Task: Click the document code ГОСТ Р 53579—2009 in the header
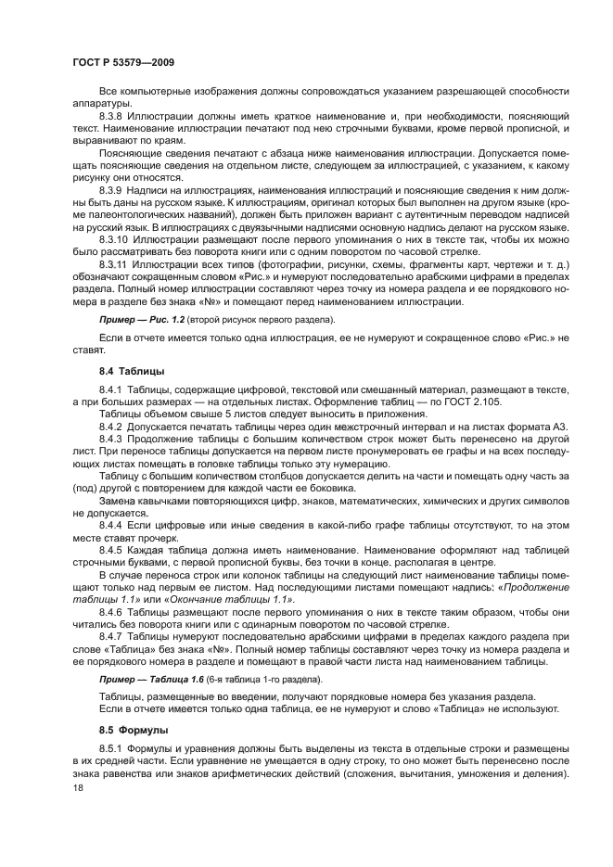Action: (x=123, y=61)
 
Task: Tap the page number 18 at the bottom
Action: (x=78, y=787)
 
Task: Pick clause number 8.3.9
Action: (x=113, y=188)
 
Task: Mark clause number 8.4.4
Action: (x=112, y=524)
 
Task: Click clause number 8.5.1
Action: (x=112, y=748)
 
